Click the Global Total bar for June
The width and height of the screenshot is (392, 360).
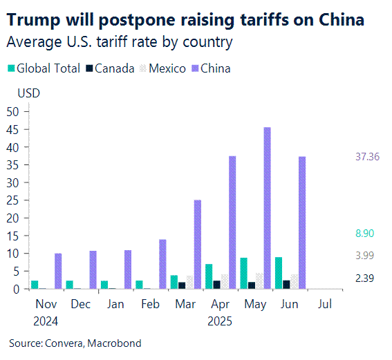(x=279, y=273)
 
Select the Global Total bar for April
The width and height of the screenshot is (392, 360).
(x=209, y=276)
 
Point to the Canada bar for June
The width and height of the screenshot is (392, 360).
(x=287, y=285)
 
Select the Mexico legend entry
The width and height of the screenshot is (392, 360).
(x=165, y=68)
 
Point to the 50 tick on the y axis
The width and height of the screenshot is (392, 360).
(x=12, y=111)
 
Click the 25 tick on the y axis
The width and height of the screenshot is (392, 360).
(x=12, y=200)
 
